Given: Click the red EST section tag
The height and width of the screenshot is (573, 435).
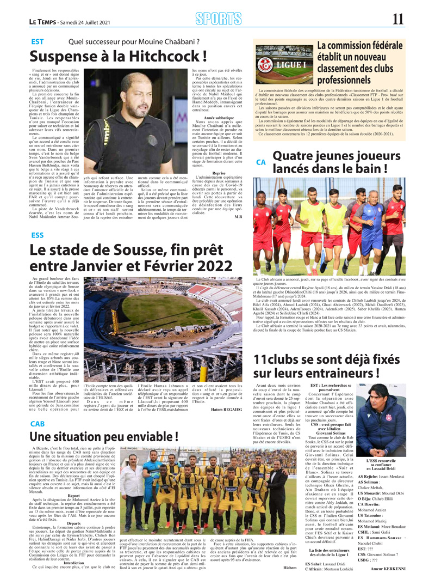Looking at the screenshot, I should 38,41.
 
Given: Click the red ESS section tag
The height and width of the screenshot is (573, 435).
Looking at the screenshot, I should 38,235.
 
